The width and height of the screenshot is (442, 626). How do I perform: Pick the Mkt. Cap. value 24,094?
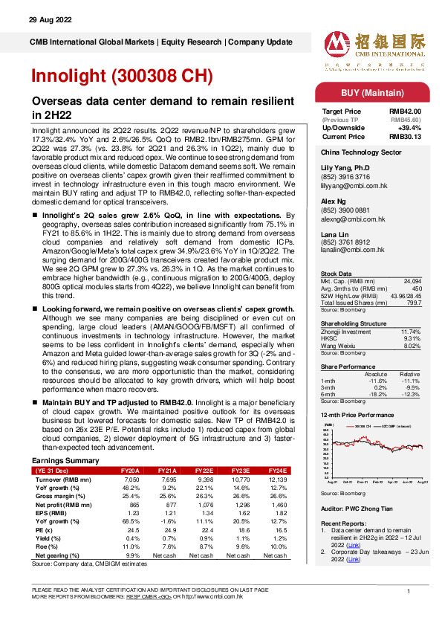point(411,280)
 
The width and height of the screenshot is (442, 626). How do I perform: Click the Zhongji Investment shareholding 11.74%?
point(410,331)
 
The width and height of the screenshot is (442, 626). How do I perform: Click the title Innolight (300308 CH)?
point(122,77)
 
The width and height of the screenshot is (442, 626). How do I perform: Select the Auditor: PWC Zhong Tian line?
point(357,510)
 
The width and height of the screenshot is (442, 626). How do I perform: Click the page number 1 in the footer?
point(409,590)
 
